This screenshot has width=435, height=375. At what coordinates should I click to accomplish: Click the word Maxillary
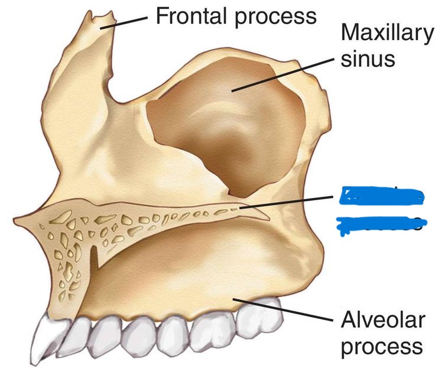click(387, 33)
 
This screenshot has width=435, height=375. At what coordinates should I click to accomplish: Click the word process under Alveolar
click(382, 345)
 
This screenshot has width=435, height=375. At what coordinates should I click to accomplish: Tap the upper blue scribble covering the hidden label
click(379, 197)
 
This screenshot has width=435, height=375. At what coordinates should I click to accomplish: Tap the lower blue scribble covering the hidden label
click(379, 223)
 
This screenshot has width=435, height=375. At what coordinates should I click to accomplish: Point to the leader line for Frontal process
click(127, 21)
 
